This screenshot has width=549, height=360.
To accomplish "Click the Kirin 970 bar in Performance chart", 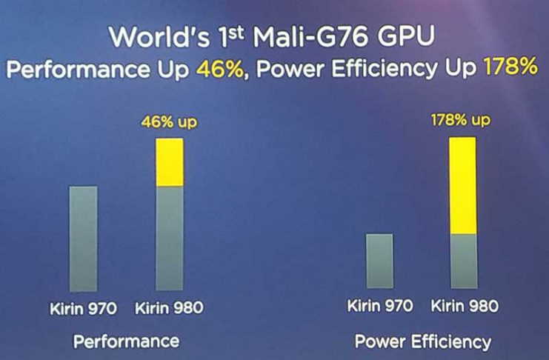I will (82, 239).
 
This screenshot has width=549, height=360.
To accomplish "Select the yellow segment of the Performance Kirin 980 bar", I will (169, 162).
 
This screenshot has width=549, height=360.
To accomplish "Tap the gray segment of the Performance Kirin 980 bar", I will (169, 238).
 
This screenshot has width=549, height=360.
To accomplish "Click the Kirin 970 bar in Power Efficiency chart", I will (379, 261).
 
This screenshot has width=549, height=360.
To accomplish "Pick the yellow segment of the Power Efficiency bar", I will (462, 186).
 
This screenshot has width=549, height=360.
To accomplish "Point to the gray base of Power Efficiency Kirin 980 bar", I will (462, 261).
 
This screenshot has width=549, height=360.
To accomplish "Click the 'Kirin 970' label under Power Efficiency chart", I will (381, 305).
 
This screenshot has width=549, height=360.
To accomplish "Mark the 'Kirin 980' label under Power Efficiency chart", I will (465, 305).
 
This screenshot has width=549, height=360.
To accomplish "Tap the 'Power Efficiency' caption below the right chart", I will (423, 341).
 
